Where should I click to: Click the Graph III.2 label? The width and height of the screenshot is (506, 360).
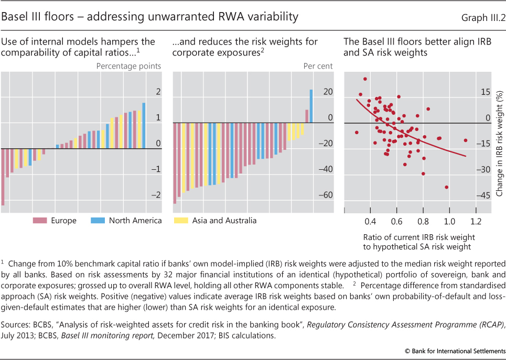[482, 17]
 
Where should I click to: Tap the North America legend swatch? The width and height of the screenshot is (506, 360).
[98, 221]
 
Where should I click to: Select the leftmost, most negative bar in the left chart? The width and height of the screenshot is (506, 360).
[3, 177]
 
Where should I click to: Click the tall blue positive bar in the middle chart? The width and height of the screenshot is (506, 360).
[311, 106]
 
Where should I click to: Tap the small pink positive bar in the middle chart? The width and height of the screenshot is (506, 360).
[307, 116]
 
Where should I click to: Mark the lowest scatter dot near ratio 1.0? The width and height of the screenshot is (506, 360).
[446, 187]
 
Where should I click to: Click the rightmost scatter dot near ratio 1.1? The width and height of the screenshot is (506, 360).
[465, 140]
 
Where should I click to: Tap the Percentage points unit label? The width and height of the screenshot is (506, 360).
[128, 66]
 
